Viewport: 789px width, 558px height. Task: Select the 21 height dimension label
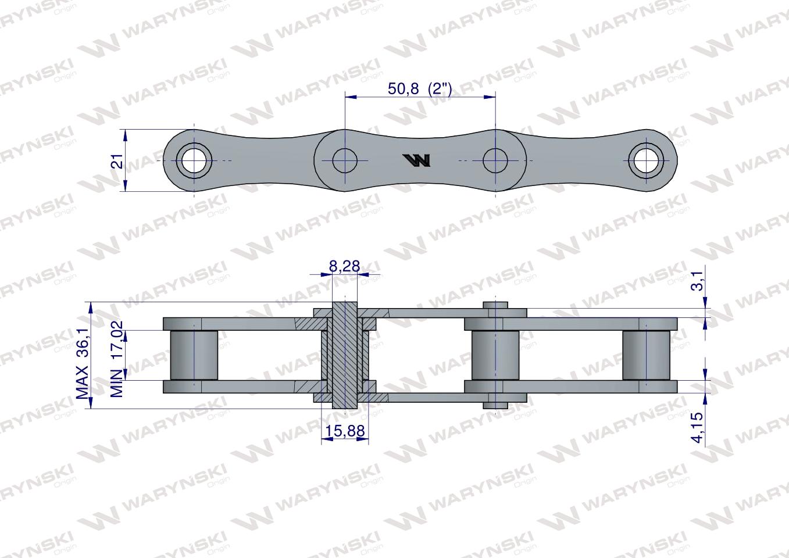pyautogui.click(x=118, y=161)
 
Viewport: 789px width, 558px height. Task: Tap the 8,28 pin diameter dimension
pyautogui.click(x=344, y=267)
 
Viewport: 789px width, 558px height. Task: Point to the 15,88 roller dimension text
pyautogui.click(x=345, y=431)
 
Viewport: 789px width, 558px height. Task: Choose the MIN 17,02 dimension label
pyautogui.click(x=118, y=359)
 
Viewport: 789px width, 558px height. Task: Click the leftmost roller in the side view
pyautogui.click(x=194, y=355)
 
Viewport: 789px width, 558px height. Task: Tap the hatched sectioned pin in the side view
pyautogui.click(x=345, y=355)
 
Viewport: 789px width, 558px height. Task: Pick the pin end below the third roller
pyautogui.click(x=495, y=402)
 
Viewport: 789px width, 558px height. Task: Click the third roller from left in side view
pyautogui.click(x=495, y=355)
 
